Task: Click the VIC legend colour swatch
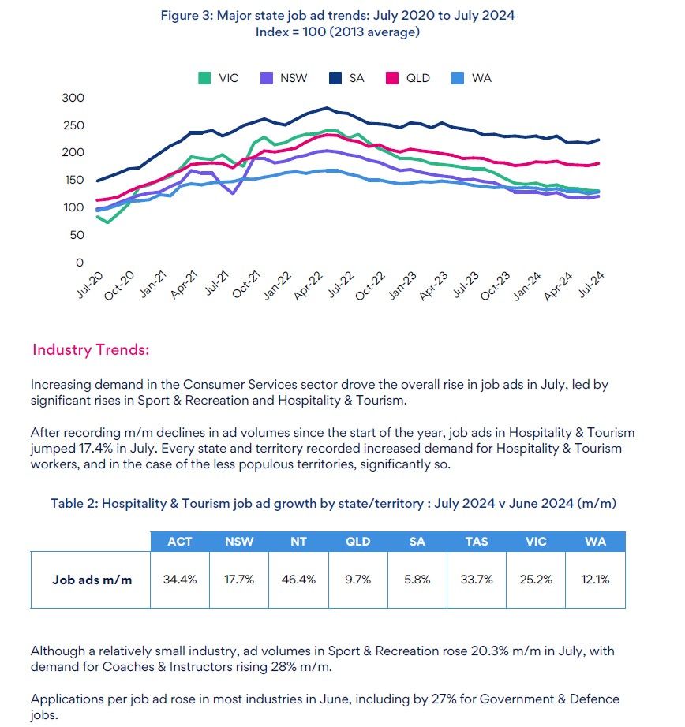204,78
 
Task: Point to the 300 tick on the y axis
73,98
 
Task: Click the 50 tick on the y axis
76,235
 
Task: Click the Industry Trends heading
91,349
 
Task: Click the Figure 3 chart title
338,16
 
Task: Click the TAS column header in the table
476,542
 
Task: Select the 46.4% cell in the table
298,580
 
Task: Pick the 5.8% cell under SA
417,580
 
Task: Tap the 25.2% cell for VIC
536,580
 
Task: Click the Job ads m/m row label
92,580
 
